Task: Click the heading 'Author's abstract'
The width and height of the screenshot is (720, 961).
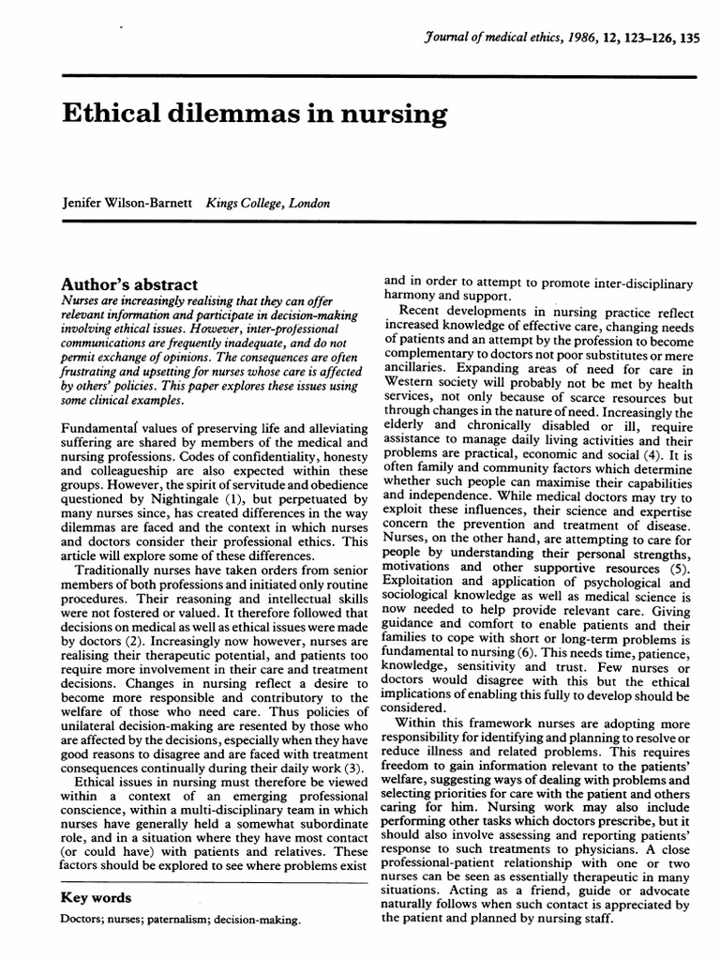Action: click(x=129, y=284)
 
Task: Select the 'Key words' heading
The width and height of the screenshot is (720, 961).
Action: click(x=96, y=897)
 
